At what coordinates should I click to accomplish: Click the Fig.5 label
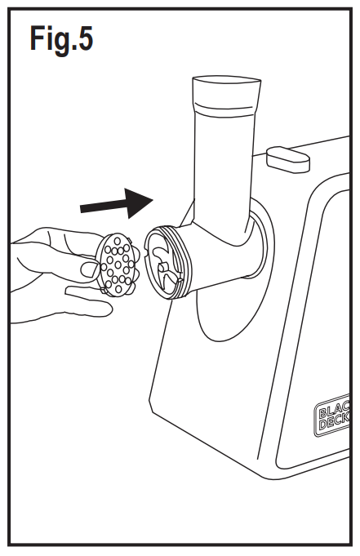[x=61, y=38]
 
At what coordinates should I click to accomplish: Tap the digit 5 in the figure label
[x=83, y=38]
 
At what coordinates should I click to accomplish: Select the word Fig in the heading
[x=48, y=39]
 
